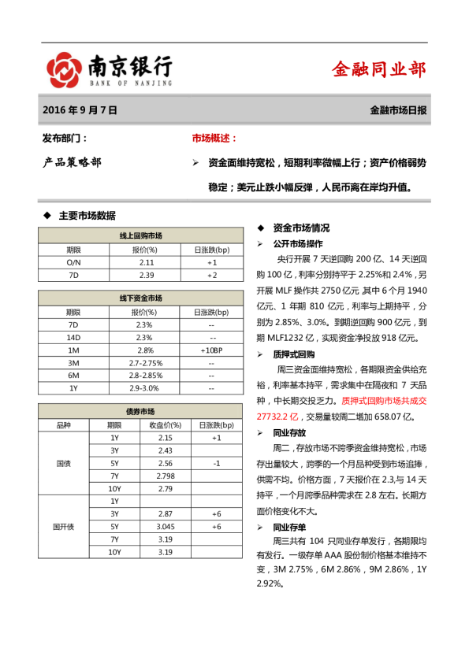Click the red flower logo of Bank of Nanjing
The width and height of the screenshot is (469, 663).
tap(64, 70)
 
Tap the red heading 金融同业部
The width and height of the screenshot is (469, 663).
tap(378, 69)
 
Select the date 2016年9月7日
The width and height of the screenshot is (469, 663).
tap(80, 111)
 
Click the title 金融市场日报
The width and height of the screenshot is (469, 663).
tap(398, 111)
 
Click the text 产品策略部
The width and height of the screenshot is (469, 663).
tap(72, 163)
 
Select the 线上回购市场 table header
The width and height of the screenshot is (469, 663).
tap(140, 235)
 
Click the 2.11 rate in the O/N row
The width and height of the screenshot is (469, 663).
tap(146, 262)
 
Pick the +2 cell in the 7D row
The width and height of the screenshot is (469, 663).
tap(211, 275)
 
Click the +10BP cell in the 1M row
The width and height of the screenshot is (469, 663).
tap(211, 350)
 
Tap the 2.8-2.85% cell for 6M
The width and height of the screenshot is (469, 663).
tap(146, 375)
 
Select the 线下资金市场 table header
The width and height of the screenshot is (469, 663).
tap(140, 298)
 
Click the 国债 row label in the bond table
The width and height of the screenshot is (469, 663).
tap(65, 463)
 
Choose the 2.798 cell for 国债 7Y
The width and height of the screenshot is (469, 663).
tap(166, 476)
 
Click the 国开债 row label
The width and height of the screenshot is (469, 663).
tap(65, 526)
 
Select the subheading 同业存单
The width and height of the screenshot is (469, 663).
tap(289, 527)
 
